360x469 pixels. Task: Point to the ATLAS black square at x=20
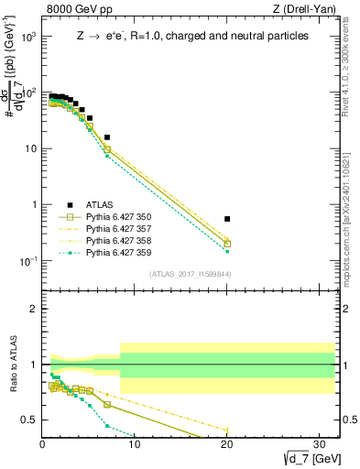tap(227, 219)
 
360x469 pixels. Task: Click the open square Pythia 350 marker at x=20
tap(227, 244)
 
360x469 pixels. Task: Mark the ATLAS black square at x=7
tap(107, 137)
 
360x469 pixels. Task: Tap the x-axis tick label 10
tap(135, 445)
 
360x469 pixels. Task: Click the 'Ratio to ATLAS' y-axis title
tap(13, 365)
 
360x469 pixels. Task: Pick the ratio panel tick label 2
tap(34, 309)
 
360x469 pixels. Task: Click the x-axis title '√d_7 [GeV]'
tap(303, 459)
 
